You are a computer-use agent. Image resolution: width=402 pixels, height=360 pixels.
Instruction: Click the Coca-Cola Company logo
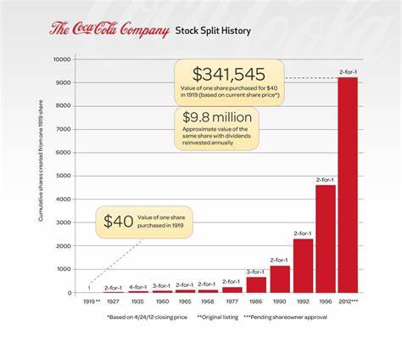tap(108, 31)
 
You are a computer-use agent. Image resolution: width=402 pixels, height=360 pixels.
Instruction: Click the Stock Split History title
tap(213, 31)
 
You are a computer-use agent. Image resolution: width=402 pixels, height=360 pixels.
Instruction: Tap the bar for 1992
tap(303, 265)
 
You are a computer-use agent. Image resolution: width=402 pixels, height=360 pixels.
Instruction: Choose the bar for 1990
tap(280, 278)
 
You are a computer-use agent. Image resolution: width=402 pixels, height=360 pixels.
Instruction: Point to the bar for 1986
tap(256, 284)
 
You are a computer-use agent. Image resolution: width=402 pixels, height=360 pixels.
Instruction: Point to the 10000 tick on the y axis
tap(61, 59)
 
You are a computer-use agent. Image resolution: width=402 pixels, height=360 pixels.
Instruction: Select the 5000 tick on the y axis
tap(63, 176)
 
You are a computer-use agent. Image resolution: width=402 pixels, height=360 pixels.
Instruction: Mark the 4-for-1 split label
tap(137, 286)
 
